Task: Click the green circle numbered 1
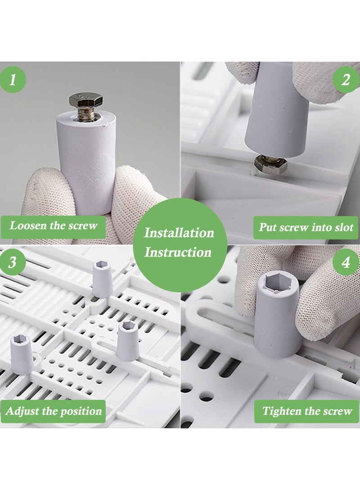click(13, 80)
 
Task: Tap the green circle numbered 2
click(346, 80)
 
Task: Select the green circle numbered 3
click(13, 262)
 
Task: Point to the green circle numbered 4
click(346, 262)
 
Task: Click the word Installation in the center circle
click(179, 233)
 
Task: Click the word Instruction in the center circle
click(178, 252)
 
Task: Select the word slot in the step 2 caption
click(344, 227)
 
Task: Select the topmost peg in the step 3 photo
click(102, 279)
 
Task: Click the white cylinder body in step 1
click(86, 162)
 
